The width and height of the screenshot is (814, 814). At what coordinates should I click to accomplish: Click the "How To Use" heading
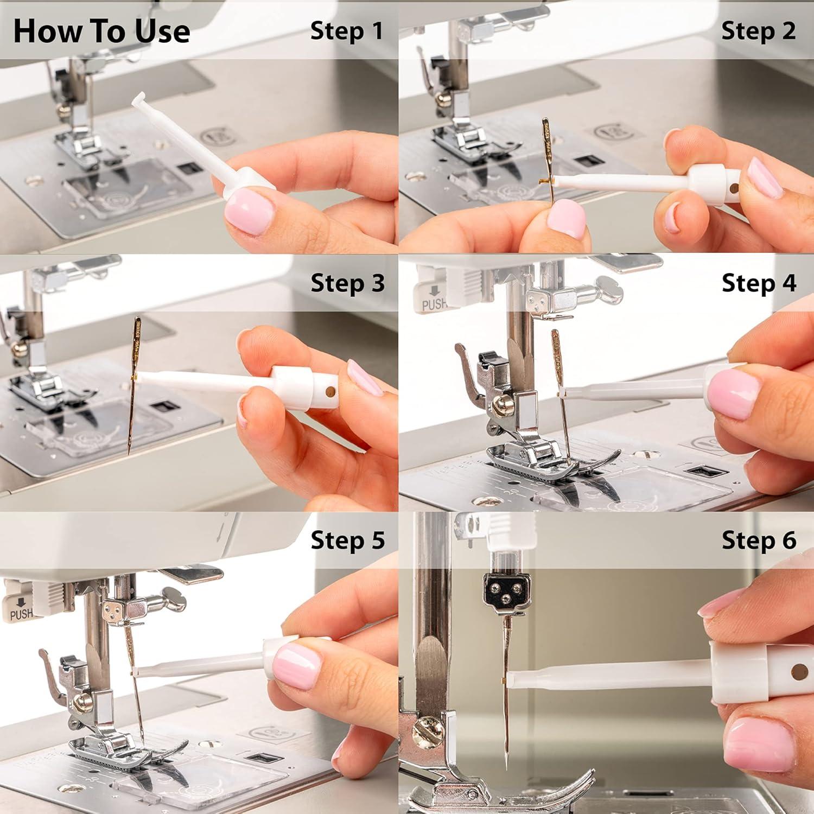[101, 31]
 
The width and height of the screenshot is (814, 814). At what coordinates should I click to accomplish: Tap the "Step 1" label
[347, 31]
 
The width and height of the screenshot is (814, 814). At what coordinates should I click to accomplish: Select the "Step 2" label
[758, 31]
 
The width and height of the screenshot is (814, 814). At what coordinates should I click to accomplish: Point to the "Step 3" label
[347, 283]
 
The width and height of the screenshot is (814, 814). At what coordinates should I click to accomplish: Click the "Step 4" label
[759, 283]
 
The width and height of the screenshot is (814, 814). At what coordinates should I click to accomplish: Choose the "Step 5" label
[347, 540]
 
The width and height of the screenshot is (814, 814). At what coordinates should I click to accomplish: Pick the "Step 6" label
[759, 540]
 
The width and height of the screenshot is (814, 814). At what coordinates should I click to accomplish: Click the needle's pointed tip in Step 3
[129, 453]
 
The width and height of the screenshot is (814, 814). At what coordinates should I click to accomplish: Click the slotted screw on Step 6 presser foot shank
[428, 730]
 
